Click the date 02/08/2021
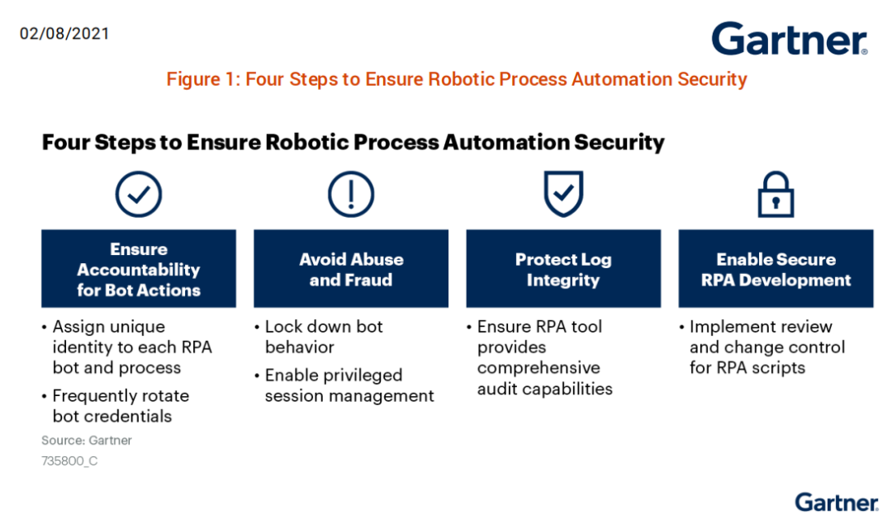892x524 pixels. [64, 34]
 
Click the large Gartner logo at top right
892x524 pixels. [789, 39]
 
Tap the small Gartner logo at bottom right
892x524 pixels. [836, 502]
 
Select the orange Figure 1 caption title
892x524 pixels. [457, 79]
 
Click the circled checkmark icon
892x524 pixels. [138, 195]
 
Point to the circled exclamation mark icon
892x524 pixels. [351, 195]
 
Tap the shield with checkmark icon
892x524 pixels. [563, 194]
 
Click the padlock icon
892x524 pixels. [776, 195]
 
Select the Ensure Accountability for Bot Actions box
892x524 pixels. [139, 269]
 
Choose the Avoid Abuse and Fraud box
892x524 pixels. [351, 269]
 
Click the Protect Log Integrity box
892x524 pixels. [563, 269]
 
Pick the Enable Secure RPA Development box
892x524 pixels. [776, 269]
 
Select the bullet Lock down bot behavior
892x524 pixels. [324, 337]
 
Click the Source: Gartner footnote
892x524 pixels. [87, 440]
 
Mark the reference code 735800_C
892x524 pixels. [69, 461]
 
